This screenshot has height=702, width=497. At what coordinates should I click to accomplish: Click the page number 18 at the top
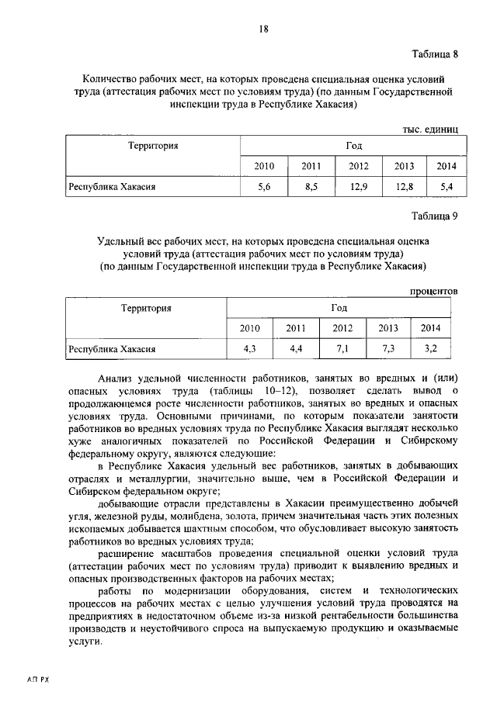(x=263, y=29)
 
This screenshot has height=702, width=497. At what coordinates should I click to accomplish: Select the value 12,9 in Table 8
(x=359, y=187)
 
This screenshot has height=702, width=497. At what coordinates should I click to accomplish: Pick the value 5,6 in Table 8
(x=264, y=187)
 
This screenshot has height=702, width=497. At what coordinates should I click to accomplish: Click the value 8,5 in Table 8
(x=311, y=187)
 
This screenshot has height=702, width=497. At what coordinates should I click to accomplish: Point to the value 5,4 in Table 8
(x=447, y=187)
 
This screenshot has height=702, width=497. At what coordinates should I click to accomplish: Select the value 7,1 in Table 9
(x=342, y=349)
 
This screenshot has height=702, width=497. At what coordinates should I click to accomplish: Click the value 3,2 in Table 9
(x=431, y=349)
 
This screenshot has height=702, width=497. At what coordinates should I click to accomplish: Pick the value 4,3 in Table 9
(x=250, y=349)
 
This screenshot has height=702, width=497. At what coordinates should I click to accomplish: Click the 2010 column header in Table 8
(x=264, y=166)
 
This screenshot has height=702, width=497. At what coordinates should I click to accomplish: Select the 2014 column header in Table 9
(x=430, y=328)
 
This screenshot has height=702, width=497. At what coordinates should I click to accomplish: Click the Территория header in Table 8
(x=152, y=145)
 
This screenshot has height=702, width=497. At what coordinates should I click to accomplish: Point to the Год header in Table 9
(x=339, y=308)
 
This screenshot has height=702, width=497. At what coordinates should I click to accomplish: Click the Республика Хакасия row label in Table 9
(x=112, y=350)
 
